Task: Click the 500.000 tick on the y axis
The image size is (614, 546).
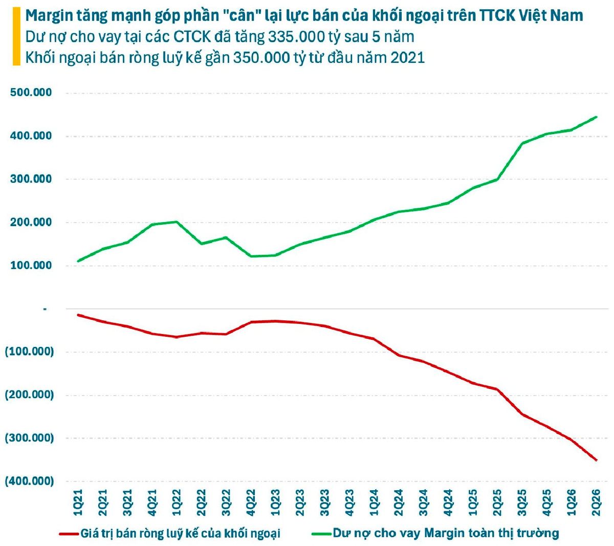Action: pyautogui.click(x=31, y=92)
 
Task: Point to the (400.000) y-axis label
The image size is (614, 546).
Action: pyautogui.click(x=29, y=481)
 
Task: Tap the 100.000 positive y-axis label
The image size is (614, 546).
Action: pyautogui.click(x=31, y=265)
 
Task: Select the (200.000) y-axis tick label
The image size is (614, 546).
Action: pyautogui.click(x=29, y=395)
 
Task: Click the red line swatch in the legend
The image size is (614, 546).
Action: pyautogui.click(x=69, y=533)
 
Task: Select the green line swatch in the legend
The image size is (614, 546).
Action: pyautogui.click(x=322, y=533)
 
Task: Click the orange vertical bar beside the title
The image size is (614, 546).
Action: pyautogui.click(x=16, y=36)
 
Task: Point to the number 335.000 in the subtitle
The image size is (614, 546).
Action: pyautogui.click(x=297, y=37)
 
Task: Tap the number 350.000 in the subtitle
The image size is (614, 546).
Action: pyautogui.click(x=261, y=58)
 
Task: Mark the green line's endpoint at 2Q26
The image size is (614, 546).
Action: pyautogui.click(x=597, y=117)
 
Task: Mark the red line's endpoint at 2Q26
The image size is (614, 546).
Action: pyautogui.click(x=597, y=460)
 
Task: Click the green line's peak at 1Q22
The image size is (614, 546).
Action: pyautogui.click(x=177, y=222)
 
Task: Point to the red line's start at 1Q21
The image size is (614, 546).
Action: pyautogui.click(x=78, y=315)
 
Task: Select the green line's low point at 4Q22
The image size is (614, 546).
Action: pyautogui.click(x=251, y=256)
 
